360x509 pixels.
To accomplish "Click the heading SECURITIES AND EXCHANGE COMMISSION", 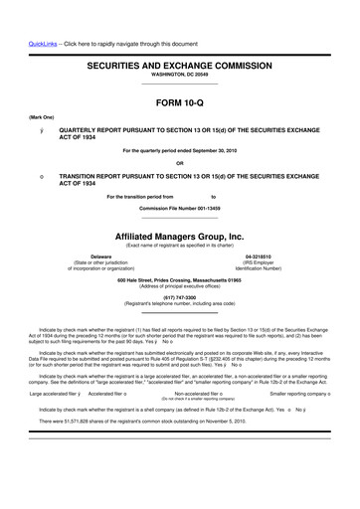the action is point(180,63).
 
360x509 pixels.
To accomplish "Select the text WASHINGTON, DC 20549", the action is point(180,75).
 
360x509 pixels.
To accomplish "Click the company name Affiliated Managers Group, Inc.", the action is point(180,237).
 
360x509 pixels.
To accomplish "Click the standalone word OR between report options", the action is point(180,163).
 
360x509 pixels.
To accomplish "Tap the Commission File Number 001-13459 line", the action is point(180,208).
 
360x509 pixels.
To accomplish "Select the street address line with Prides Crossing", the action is point(180,280).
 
